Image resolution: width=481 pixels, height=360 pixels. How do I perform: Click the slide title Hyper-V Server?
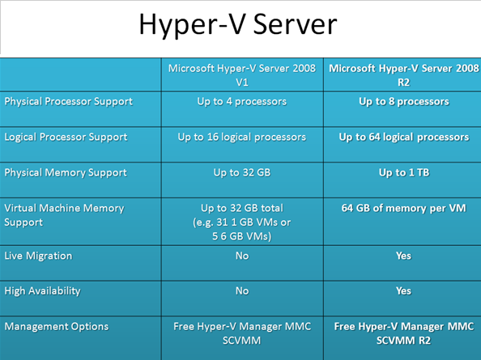click(x=238, y=25)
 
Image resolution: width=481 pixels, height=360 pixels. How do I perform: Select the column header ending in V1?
click(x=242, y=75)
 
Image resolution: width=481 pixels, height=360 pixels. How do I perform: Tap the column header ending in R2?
click(x=404, y=75)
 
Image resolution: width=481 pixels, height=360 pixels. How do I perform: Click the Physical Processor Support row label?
click(x=68, y=102)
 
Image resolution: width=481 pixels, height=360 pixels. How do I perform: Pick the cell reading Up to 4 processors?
click(x=242, y=102)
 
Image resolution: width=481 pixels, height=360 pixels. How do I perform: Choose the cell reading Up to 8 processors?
click(x=404, y=102)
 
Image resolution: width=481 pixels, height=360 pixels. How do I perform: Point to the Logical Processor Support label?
click(x=66, y=138)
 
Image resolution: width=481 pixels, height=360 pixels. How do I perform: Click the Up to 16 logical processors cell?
click(x=242, y=138)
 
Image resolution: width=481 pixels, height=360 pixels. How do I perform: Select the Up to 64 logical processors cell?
click(x=404, y=138)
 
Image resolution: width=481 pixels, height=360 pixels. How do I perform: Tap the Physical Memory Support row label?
click(x=66, y=173)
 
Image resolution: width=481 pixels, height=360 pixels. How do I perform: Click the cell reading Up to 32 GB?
click(x=242, y=172)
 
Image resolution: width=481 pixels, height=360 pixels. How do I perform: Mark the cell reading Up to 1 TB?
click(x=404, y=172)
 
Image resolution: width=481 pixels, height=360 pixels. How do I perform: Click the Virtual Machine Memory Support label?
click(x=65, y=215)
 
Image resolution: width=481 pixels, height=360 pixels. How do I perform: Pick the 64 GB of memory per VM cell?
click(x=404, y=209)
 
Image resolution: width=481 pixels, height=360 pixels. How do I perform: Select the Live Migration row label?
click(x=38, y=256)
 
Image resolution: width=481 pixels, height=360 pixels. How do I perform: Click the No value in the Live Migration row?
click(x=242, y=256)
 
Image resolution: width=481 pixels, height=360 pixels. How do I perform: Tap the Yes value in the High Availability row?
click(x=404, y=290)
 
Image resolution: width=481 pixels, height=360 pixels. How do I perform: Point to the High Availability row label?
click(x=42, y=291)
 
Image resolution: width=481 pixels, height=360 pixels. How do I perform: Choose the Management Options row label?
click(x=57, y=327)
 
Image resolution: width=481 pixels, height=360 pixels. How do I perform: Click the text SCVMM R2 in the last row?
click(x=404, y=341)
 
